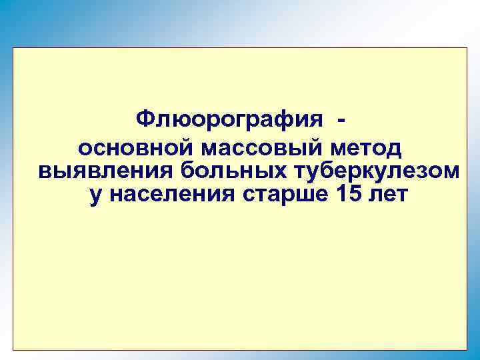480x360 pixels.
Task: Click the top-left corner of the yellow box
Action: tap(13, 47)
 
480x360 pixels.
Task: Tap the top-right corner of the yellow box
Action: tap(467, 47)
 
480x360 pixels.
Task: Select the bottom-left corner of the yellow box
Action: tap(13, 349)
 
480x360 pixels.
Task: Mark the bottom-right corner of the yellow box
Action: tap(467, 349)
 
